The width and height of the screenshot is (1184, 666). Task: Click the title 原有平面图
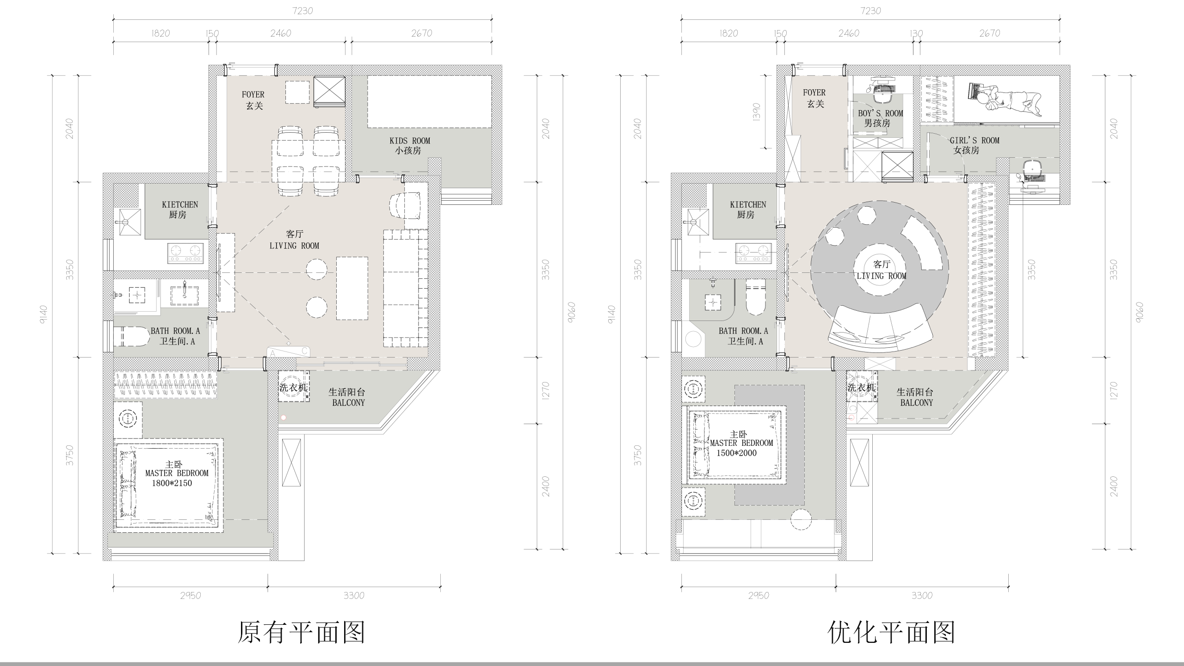click(x=302, y=632)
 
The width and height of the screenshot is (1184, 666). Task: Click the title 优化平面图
click(x=891, y=632)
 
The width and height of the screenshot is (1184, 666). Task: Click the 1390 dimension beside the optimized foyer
click(x=757, y=112)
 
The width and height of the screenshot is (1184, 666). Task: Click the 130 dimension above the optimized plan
click(x=916, y=34)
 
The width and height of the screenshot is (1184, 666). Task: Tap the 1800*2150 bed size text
click(x=172, y=483)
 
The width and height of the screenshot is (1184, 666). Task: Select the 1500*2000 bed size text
click(x=736, y=453)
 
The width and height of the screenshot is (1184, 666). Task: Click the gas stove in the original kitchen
click(x=185, y=252)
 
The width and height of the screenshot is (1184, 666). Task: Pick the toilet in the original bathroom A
click(x=132, y=336)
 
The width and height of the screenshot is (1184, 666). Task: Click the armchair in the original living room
click(x=406, y=205)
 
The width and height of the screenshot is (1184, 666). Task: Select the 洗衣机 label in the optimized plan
click(x=861, y=388)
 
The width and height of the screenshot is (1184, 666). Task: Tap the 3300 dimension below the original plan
click(x=354, y=596)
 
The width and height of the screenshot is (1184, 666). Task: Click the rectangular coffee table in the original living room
click(x=352, y=288)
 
